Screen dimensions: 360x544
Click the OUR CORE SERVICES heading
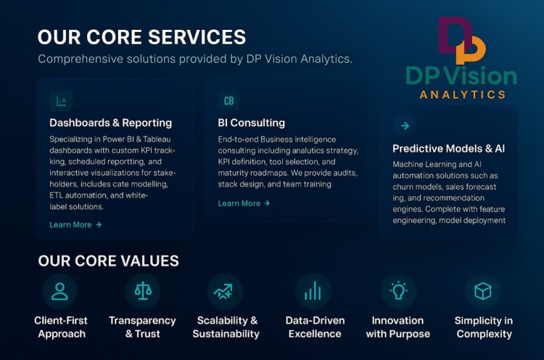pyautogui.click(x=141, y=37)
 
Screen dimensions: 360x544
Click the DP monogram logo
pyautogui.click(x=461, y=41)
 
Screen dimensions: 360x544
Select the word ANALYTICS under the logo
pyautogui.click(x=462, y=94)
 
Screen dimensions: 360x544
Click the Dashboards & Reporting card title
pyautogui.click(x=110, y=123)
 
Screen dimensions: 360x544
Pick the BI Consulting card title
pyautogui.click(x=251, y=123)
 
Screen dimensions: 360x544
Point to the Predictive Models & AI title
pyautogui.click(x=448, y=149)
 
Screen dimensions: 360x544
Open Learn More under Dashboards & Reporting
pyautogui.click(x=75, y=225)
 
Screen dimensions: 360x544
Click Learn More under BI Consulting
pyautogui.click(x=244, y=203)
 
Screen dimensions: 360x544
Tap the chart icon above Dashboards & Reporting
pyautogui.click(x=61, y=101)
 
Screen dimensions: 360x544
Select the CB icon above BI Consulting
pyautogui.click(x=228, y=101)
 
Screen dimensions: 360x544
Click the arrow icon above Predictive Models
pyautogui.click(x=404, y=126)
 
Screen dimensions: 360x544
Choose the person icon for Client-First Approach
pyautogui.click(x=59, y=292)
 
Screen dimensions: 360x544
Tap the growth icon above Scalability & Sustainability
pyautogui.click(x=225, y=292)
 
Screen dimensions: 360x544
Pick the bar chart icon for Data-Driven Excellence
pyautogui.click(x=313, y=292)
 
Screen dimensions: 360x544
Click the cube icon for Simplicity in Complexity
pyautogui.click(x=482, y=292)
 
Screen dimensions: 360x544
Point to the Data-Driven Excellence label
pyautogui.click(x=316, y=327)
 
